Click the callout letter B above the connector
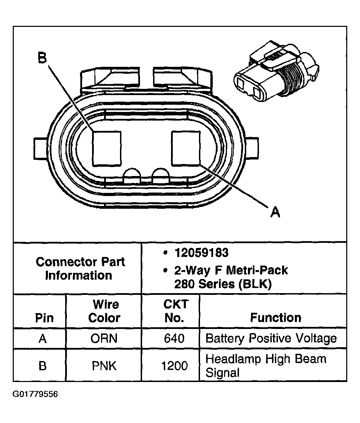coord(42,58)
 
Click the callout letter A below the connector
coord(275,212)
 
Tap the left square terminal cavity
coord(107,148)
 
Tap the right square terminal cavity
coord(186,148)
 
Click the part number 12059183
coord(201,253)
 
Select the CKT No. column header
coord(175,311)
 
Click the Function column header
coord(276,317)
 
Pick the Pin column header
coord(44,318)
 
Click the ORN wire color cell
coord(104,338)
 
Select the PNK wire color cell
coord(104,365)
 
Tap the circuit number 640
coord(174,338)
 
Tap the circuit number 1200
coord(174,365)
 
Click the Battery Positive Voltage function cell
coord(271,338)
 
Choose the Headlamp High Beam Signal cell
coord(266,365)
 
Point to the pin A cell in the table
coord(42,338)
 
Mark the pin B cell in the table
coord(42,365)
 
